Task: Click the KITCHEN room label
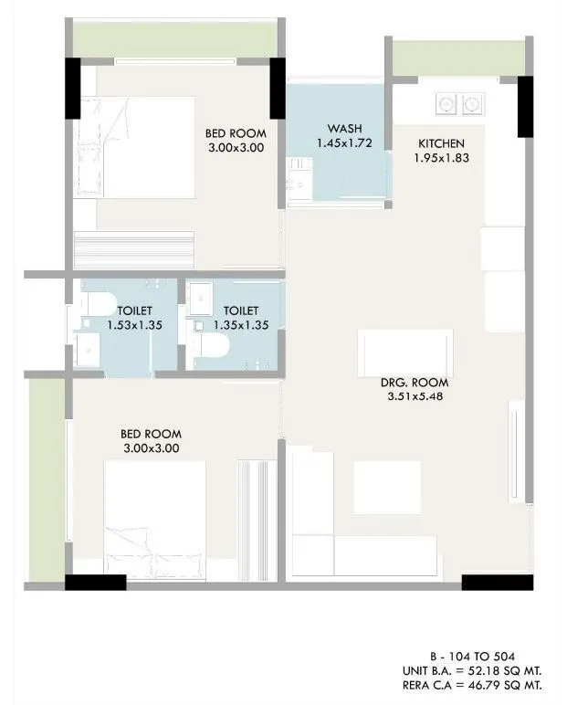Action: (x=442, y=144)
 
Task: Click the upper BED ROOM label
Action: (x=235, y=132)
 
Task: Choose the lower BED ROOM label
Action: (x=151, y=434)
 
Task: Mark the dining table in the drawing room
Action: (x=405, y=349)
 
